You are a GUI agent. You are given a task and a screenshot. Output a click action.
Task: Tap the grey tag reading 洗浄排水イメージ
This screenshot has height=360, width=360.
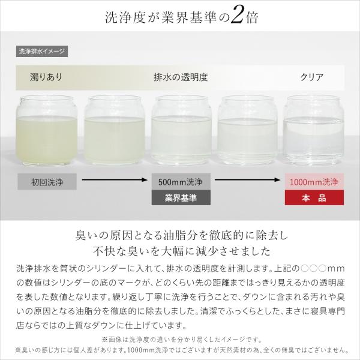(x=42, y=52)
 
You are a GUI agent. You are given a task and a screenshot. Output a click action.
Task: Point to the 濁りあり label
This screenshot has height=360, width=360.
(x=46, y=77)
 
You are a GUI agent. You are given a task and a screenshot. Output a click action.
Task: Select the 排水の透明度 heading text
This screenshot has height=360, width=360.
(x=181, y=77)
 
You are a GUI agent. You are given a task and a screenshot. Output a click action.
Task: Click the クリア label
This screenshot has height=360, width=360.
(x=311, y=77)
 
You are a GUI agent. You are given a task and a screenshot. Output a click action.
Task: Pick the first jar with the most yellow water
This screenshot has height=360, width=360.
(x=47, y=130)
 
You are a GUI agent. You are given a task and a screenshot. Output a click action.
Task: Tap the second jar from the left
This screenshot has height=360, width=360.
(x=114, y=130)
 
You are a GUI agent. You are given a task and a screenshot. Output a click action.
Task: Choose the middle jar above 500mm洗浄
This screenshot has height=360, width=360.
(x=181, y=130)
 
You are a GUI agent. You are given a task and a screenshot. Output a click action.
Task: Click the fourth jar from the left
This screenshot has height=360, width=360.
(x=247, y=130)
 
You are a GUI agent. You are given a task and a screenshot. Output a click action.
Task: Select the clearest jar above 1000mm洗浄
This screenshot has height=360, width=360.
(x=314, y=130)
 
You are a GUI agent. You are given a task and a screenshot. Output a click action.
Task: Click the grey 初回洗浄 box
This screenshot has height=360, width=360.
(x=47, y=182)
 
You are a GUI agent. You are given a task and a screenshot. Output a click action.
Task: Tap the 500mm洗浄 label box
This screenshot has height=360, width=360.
(x=181, y=182)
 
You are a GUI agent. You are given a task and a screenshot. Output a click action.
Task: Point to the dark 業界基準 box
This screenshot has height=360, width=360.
(x=181, y=197)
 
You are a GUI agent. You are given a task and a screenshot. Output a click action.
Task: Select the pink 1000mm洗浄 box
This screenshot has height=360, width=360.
(x=314, y=182)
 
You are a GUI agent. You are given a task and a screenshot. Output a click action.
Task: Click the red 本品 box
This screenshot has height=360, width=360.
(x=314, y=197)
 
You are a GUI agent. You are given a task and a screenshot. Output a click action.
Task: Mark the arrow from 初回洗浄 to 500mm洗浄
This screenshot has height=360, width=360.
(x=115, y=179)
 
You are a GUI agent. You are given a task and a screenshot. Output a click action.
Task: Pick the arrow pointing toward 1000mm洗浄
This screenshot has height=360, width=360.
(x=247, y=179)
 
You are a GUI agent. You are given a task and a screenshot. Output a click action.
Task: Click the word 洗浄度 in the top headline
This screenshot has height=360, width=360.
(x=125, y=17)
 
